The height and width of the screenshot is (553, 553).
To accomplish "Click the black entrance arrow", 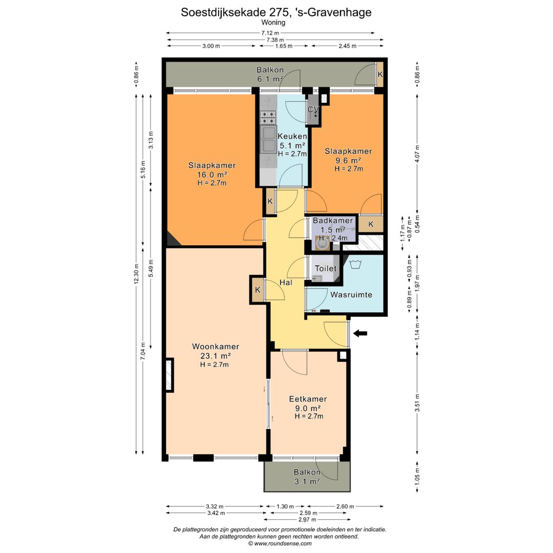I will point(360,333).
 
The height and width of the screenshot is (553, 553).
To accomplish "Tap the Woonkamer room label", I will point(215,347).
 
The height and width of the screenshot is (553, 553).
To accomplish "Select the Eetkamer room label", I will point(308,399).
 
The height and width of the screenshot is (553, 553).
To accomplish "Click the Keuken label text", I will point(292,136).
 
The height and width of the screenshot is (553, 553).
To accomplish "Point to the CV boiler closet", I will point(313,110).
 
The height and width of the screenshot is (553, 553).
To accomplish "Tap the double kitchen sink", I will point(268,139).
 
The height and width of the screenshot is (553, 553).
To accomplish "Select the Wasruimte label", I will point(351,295).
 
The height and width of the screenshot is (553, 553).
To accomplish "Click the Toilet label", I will point(326,268).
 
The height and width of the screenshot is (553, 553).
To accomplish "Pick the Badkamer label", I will point(333,221).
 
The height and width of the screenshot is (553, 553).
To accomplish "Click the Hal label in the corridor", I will point(286,283).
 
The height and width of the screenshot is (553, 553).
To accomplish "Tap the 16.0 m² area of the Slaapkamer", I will point(212,174).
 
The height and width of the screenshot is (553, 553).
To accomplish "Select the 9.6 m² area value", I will point(348,160).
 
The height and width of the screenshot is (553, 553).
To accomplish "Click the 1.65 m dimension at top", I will point(283,46).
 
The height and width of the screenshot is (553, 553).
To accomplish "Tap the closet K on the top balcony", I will point(379,74).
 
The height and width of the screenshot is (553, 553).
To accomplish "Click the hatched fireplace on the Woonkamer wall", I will point(169,375).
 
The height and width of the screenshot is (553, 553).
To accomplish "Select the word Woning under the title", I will point(273,23).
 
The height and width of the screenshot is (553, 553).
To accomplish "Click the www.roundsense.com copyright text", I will point(279,543).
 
